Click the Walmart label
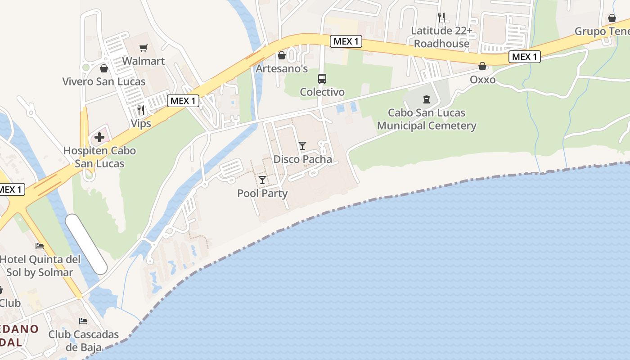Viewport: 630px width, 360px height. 144,61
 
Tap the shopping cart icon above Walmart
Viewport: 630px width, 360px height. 144,48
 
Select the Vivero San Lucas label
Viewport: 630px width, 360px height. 104,81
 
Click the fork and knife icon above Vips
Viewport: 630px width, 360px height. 141,110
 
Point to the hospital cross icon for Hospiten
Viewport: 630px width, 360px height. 99,137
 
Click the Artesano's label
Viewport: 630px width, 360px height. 282,68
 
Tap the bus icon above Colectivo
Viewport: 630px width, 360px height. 322,79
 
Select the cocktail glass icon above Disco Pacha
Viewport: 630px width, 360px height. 302,146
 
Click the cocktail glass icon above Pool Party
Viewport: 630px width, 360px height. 262,180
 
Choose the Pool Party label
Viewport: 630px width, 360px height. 262,193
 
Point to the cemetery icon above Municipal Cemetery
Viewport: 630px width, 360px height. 427,99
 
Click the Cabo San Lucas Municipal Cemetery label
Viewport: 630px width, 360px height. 427,119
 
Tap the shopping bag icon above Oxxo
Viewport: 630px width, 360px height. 482,67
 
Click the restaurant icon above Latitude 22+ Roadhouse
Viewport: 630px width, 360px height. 441,18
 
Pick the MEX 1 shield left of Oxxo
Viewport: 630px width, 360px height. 524,57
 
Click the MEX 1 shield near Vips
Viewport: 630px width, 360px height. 183,101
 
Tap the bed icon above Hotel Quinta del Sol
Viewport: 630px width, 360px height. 40,246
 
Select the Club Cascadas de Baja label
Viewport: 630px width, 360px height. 84,341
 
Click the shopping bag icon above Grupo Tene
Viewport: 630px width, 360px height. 612,18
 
